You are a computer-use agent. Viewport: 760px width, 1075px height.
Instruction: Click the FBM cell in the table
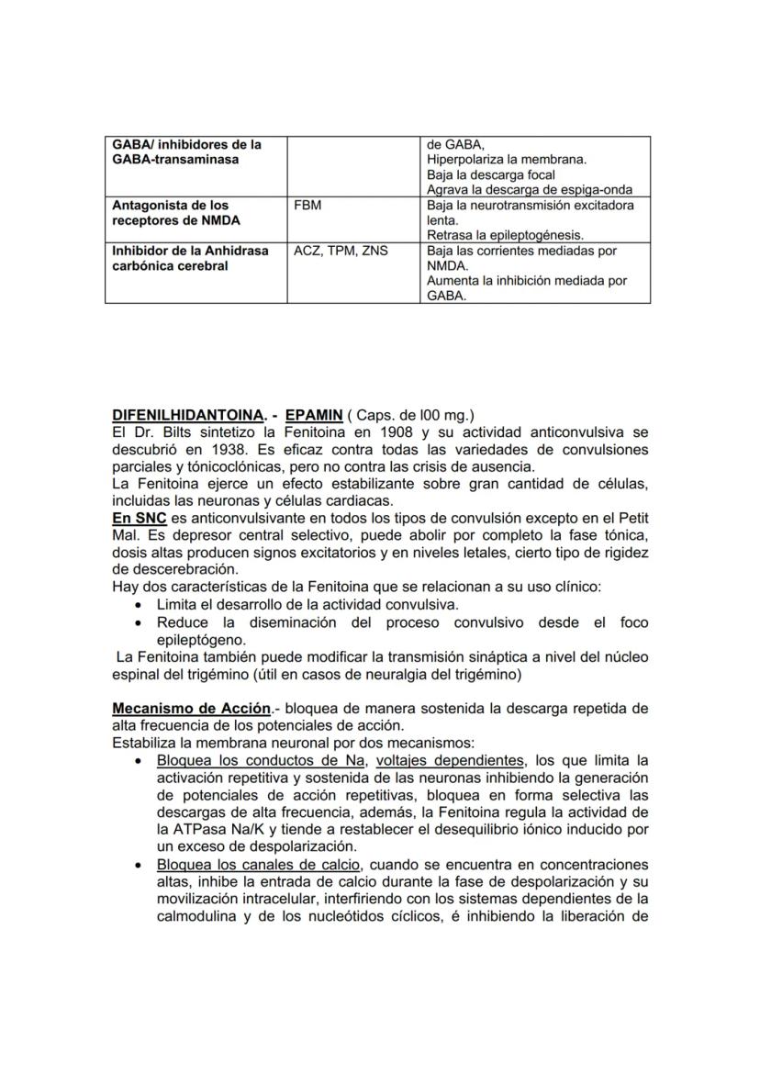tap(307, 206)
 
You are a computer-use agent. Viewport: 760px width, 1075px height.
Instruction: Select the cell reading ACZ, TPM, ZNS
tap(341, 251)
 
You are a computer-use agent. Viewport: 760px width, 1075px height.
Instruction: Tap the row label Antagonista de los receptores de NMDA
tap(170, 213)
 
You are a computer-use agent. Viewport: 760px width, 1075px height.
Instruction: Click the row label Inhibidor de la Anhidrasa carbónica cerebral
tap(190, 258)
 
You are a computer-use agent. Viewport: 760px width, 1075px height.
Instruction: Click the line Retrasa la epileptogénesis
tap(505, 236)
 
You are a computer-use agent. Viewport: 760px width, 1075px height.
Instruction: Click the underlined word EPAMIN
tap(314, 416)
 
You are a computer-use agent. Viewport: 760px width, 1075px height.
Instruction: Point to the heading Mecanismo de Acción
tap(191, 709)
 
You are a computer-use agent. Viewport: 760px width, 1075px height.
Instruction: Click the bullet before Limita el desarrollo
tap(138, 605)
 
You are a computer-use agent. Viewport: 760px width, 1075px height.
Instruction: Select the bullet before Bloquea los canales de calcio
tap(138, 865)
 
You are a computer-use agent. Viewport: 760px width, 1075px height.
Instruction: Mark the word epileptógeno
tap(201, 640)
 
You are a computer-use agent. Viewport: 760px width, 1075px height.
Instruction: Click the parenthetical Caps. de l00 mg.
tap(410, 416)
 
